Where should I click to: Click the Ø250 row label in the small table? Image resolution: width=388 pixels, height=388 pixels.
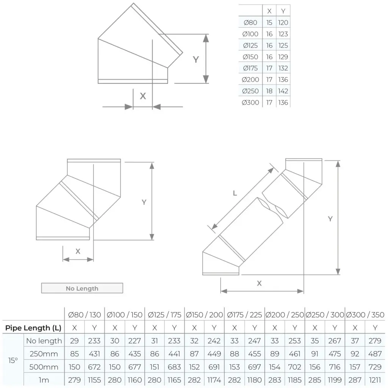click(x=250, y=91)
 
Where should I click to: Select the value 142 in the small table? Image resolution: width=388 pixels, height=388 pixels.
click(x=283, y=91)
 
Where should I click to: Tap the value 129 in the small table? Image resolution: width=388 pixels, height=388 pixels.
click(x=283, y=57)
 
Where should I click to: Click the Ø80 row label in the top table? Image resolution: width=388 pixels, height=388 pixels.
click(x=250, y=23)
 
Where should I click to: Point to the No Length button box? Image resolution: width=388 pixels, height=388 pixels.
click(x=82, y=288)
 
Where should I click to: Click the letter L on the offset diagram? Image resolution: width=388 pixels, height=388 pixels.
click(x=235, y=193)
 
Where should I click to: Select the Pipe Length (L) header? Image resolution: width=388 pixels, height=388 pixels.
click(x=33, y=328)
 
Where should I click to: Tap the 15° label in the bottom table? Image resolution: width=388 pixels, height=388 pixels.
click(x=13, y=360)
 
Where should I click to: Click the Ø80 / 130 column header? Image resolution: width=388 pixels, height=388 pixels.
click(x=84, y=315)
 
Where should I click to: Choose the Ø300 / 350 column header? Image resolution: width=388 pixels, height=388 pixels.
click(x=365, y=315)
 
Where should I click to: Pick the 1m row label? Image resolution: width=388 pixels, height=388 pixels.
click(x=44, y=380)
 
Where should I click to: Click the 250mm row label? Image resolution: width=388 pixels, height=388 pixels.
click(x=44, y=354)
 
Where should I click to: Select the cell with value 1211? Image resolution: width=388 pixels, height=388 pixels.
click(x=375, y=380)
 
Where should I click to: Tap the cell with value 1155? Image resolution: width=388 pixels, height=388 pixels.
click(x=94, y=380)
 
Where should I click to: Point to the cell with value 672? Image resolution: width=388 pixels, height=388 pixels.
click(x=94, y=367)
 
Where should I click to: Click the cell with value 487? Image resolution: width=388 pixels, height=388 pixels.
click(x=375, y=354)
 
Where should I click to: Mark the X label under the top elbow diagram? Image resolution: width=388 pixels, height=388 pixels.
click(x=143, y=96)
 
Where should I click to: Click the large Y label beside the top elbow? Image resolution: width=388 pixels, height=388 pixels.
click(x=196, y=59)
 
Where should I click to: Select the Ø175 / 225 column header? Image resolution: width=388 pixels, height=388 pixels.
click(x=245, y=315)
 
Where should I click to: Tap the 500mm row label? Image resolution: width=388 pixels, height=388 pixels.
click(x=44, y=367)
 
